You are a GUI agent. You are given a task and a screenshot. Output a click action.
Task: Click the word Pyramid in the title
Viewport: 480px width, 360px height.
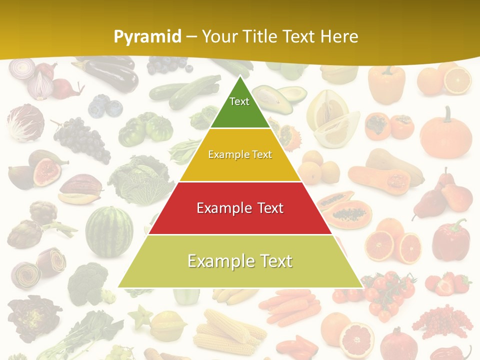147,37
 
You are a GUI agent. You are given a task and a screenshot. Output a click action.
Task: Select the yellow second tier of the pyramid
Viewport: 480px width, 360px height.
240,155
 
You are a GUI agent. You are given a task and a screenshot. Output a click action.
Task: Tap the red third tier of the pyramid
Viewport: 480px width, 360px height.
240,208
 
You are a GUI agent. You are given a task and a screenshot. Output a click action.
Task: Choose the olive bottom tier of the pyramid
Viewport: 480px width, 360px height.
240,261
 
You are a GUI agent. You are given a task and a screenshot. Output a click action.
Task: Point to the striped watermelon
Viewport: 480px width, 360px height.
109,231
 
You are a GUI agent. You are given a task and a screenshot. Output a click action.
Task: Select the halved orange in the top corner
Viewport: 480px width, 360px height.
457,80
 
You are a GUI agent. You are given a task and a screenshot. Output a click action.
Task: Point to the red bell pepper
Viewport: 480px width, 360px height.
450,240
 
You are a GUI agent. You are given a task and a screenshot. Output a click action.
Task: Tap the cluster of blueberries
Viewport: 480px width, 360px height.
105,106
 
